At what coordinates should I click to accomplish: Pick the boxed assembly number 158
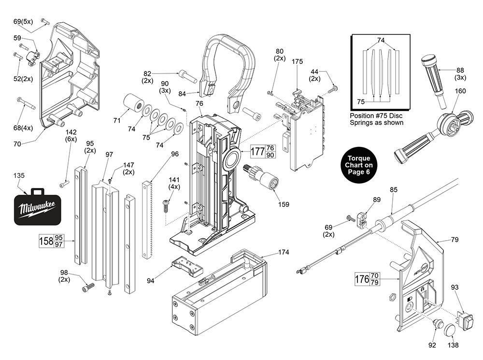click(46, 241)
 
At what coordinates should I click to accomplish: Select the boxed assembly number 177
click(257, 151)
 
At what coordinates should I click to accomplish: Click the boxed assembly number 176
click(362, 279)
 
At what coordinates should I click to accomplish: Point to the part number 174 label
click(284, 252)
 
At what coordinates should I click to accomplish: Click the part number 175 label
click(298, 61)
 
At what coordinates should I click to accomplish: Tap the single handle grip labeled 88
click(435, 79)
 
